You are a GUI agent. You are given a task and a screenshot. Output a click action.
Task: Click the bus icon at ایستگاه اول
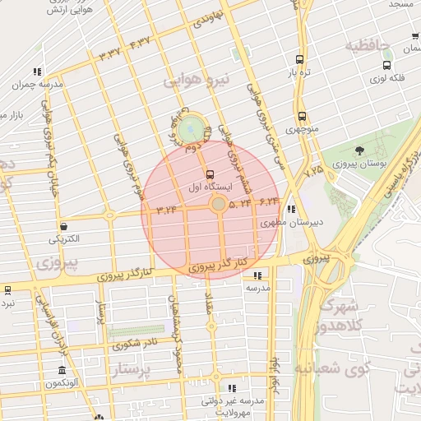click(x=210, y=174)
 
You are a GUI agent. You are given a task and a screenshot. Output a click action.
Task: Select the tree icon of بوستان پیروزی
click(x=359, y=150)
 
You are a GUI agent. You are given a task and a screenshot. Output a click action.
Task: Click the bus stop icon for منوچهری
click(x=302, y=117)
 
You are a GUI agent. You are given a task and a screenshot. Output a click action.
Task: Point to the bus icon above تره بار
click(x=300, y=60)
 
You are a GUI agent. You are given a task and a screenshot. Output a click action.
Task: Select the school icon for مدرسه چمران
click(x=37, y=72)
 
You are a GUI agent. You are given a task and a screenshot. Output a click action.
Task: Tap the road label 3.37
click(x=109, y=53)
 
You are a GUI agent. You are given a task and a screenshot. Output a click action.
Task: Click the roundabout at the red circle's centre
click(x=218, y=204)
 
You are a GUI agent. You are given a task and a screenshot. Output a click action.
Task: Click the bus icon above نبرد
click(x=7, y=289)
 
